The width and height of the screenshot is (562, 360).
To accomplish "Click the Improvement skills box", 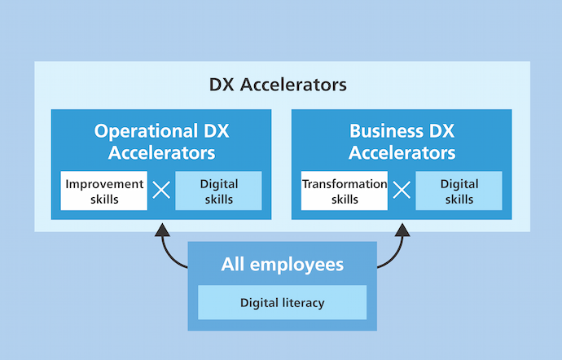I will tap(104, 191).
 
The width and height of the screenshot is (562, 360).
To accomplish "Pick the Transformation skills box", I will tap(345, 191).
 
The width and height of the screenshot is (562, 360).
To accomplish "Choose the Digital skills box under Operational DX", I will tap(218, 191).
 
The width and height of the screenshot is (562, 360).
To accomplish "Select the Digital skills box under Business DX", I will tap(459, 191).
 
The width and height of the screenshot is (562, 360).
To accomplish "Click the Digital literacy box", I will tap(282, 303).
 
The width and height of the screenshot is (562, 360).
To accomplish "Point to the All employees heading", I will tap(282, 265).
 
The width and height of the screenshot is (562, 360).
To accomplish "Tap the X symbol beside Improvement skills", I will tap(161, 191).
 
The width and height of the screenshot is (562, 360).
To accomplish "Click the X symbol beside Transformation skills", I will tap(402, 191).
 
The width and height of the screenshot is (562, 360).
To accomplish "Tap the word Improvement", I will tap(104, 183).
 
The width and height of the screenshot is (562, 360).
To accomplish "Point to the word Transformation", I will tap(345, 183).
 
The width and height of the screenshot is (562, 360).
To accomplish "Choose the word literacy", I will tap(304, 303).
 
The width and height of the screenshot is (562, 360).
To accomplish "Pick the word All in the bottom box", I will tap(233, 265).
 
